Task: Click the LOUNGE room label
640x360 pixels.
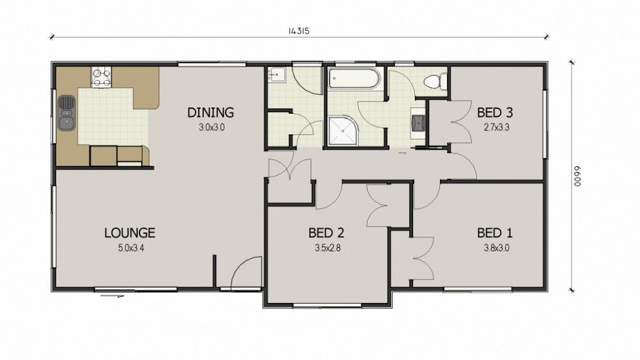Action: [130, 233]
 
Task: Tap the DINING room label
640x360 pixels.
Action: [210, 113]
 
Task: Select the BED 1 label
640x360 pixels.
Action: [495, 233]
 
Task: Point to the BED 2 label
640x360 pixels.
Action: [326, 233]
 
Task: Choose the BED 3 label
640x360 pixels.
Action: [495, 113]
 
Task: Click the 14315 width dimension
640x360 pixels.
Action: [299, 31]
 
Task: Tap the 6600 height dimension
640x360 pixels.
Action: [577, 176]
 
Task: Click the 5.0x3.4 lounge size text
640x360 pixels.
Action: [131, 247]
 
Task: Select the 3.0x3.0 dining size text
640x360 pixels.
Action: [212, 127]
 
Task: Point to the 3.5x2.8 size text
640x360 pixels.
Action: [327, 247]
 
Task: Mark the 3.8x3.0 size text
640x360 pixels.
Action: [496, 247]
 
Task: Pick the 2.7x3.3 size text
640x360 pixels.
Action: [496, 127]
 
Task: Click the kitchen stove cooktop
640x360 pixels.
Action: [101, 77]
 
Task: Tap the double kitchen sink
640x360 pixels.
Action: [66, 113]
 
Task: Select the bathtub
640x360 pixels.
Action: [354, 79]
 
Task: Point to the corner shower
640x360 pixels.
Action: [342, 130]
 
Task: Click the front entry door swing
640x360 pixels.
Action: [246, 272]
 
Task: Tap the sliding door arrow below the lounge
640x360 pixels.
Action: [111, 295]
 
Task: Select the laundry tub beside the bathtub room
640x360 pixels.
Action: [276, 74]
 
